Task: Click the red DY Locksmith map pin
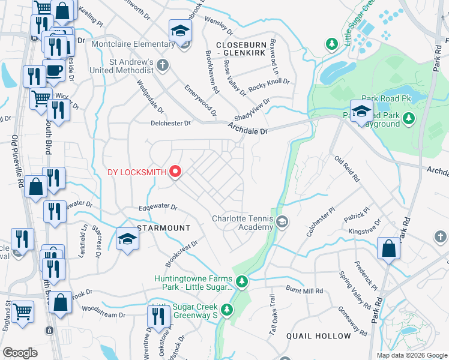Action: click(x=175, y=172)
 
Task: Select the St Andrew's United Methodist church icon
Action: click(x=163, y=65)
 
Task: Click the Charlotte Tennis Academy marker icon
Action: click(x=282, y=223)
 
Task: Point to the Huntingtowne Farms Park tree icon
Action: click(x=241, y=281)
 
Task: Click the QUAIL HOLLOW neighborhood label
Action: click(x=318, y=335)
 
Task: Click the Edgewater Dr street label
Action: click(x=158, y=208)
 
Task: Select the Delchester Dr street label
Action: click(x=170, y=123)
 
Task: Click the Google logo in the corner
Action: click(x=20, y=353)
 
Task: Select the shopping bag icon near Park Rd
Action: click(x=388, y=248)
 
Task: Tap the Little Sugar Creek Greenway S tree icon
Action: click(x=227, y=310)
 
